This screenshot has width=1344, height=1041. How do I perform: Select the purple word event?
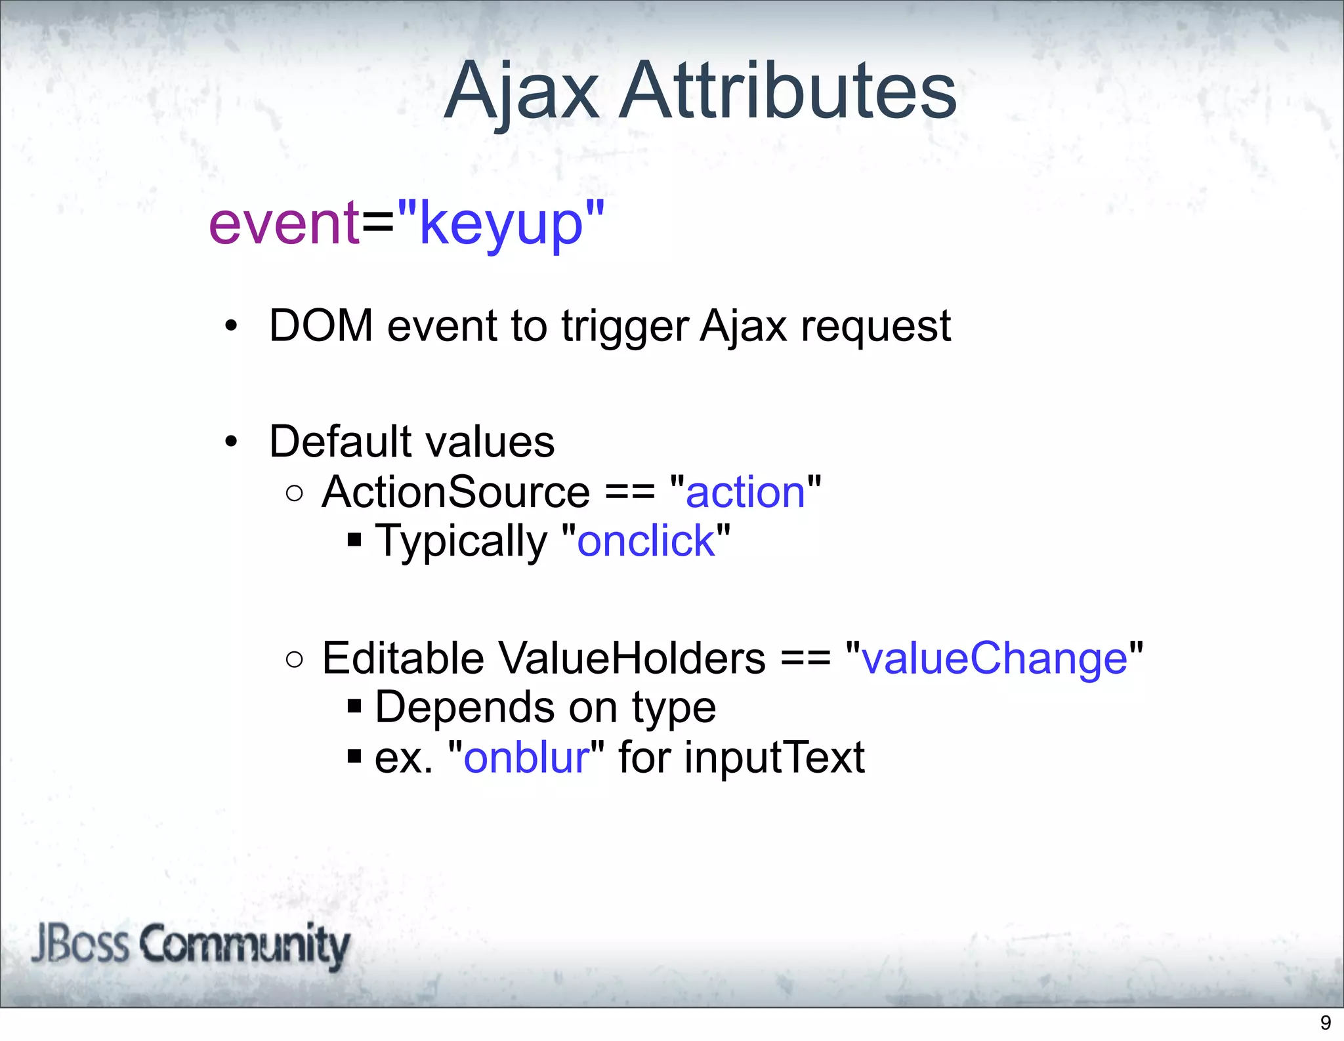283,224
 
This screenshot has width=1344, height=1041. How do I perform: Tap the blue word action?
745,492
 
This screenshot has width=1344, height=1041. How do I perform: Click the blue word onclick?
646,541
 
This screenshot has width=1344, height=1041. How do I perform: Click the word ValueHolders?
632,658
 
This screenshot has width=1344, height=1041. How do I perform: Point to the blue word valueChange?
994,658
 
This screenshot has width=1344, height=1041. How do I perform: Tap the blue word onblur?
526,757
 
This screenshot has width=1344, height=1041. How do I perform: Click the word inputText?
774,757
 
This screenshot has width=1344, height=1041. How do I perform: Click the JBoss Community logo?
190,945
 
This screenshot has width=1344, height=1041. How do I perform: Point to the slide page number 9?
1325,1023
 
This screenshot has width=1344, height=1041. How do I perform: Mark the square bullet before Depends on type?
354,706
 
